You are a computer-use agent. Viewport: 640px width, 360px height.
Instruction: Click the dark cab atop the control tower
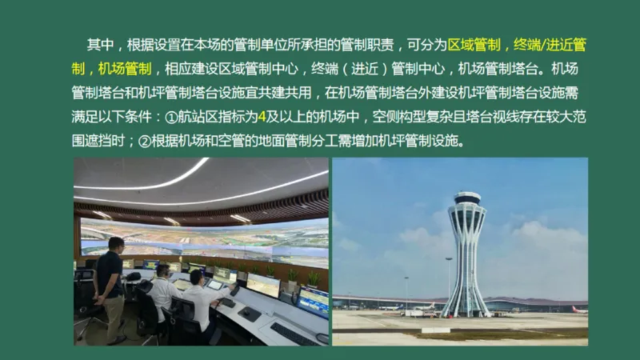(x=466, y=198)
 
